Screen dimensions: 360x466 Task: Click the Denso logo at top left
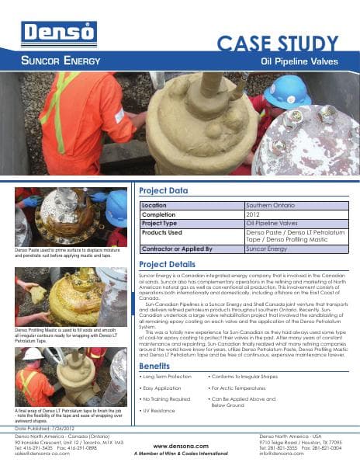(48, 33)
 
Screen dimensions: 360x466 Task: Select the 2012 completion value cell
(253, 214)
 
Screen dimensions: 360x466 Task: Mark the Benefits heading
(154, 365)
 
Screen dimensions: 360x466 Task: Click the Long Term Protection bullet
(167, 377)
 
